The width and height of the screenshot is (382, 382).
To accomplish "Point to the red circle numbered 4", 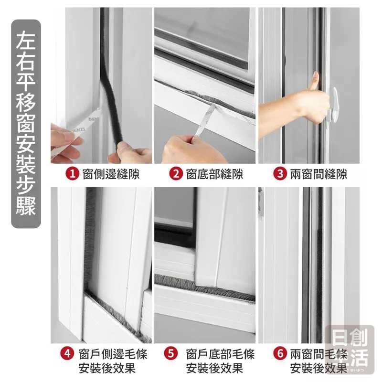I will [x=67, y=354].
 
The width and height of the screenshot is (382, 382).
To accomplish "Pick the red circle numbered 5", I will [x=171, y=354].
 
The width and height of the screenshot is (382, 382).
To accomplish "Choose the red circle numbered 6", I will [x=280, y=354].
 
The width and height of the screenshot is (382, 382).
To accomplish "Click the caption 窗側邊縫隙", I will [x=111, y=174].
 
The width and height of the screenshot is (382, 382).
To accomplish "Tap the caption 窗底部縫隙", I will [x=214, y=174].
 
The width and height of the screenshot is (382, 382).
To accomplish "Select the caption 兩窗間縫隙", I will [x=318, y=174].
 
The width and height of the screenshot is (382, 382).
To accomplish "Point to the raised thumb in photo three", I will [x=314, y=82].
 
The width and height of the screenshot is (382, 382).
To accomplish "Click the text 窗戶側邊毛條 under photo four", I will [x=113, y=354].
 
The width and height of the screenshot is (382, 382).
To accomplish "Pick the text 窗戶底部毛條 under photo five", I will [x=220, y=354].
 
